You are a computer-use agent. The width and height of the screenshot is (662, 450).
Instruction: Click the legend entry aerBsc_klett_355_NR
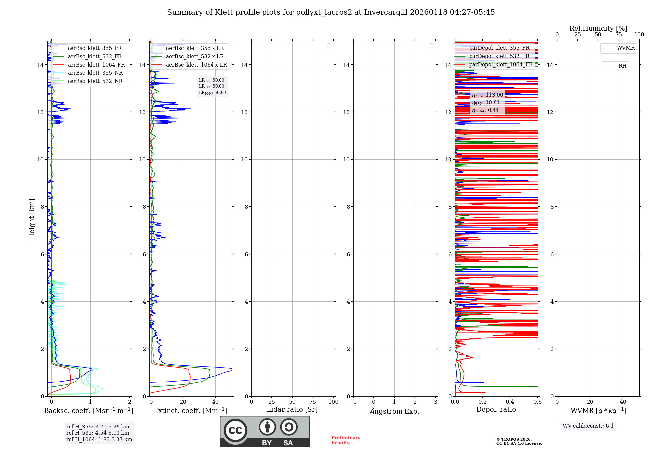(x=95, y=73)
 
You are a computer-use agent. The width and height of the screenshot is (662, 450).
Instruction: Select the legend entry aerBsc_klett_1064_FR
(x=96, y=65)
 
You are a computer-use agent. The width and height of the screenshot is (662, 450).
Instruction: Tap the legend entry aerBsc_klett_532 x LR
(x=195, y=56)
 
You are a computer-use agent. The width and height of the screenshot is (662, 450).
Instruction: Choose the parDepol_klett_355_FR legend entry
(x=499, y=48)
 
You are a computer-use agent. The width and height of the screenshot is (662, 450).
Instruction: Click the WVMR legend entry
(x=626, y=48)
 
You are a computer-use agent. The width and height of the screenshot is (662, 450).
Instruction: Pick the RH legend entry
(x=622, y=66)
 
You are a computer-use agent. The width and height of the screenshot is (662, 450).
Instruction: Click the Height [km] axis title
(x=32, y=219)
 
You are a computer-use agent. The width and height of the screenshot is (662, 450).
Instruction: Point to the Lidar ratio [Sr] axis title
(x=292, y=409)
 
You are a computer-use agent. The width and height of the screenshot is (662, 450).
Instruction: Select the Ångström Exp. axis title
(x=394, y=411)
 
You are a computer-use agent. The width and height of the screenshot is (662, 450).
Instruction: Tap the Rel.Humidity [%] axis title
(x=598, y=28)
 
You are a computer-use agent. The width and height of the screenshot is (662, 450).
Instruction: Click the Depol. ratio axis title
(x=496, y=409)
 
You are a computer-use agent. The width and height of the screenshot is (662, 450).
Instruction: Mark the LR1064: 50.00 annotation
(x=212, y=93)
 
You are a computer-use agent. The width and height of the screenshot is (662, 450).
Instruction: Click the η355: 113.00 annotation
(x=488, y=95)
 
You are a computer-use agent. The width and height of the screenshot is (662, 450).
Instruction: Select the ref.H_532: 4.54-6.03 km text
(x=98, y=433)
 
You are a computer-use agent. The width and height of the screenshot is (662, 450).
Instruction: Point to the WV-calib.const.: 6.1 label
(x=588, y=426)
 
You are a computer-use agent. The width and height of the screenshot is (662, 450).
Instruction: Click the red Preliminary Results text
(x=346, y=440)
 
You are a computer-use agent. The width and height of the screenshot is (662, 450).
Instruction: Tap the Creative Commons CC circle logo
(x=235, y=430)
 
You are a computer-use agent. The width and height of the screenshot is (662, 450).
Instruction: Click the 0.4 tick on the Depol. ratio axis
(x=510, y=402)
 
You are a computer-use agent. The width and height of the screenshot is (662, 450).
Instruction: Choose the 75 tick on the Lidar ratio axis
(x=313, y=402)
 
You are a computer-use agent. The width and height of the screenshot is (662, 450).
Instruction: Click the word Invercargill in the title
(x=386, y=12)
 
